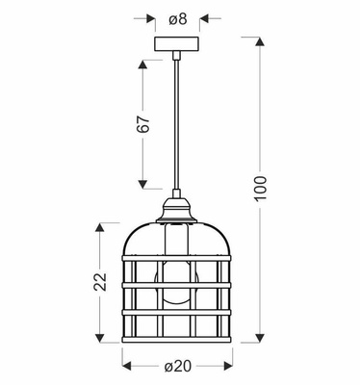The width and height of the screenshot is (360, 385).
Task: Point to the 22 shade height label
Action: tap(99, 282)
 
